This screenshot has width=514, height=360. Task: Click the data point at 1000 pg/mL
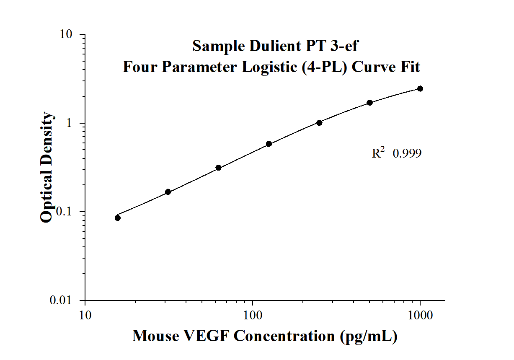coord(420,88)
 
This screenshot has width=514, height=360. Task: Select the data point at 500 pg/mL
coord(369,103)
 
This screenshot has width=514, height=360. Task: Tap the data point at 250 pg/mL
coord(319,123)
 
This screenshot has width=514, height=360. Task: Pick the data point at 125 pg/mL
coord(269,144)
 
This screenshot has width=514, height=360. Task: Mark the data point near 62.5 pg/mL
coord(218,168)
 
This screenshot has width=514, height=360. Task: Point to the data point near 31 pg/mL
coord(168,192)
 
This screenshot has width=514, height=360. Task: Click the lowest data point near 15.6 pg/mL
coord(118,218)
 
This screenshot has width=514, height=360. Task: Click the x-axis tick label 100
coord(253,315)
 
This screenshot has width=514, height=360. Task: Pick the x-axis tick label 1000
coord(420,315)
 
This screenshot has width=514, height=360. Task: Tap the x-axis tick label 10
coord(85,315)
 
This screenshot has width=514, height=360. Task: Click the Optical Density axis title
coord(47,168)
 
